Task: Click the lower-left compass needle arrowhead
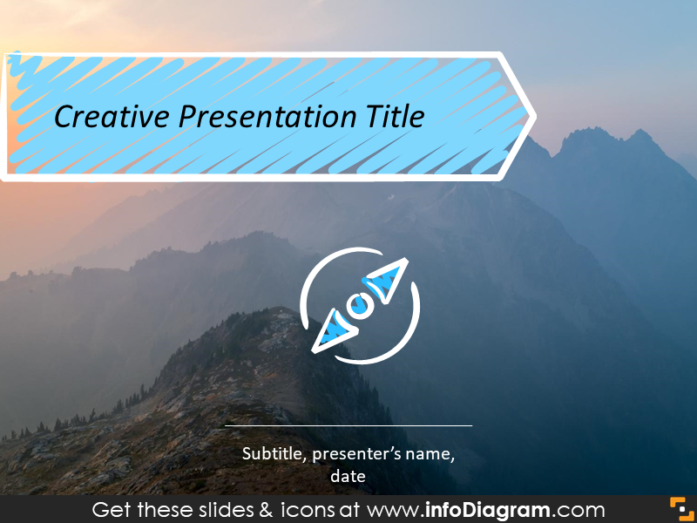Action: pos(332,331)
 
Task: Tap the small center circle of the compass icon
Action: pos(358,306)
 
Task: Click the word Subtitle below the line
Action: pos(273,453)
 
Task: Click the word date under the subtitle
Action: pos(348,476)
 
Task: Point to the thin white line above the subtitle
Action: pos(348,425)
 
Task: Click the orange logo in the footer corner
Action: pos(679,508)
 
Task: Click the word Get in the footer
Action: pos(111,509)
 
